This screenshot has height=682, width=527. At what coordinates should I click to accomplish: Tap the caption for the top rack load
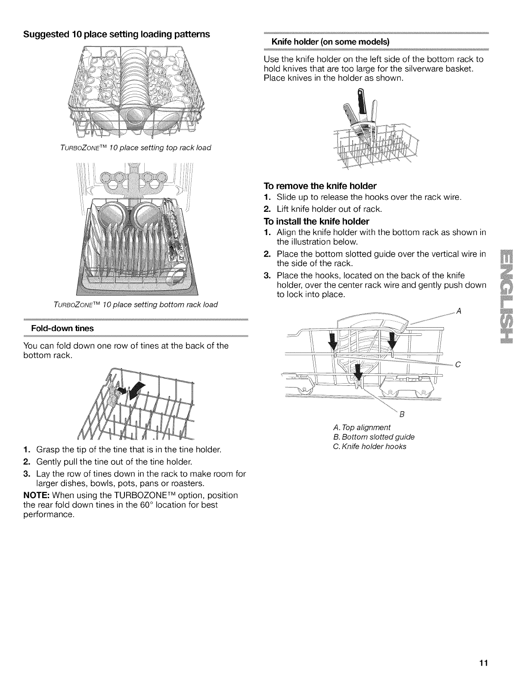(x=137, y=148)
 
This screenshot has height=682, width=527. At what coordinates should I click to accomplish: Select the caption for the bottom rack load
(x=136, y=304)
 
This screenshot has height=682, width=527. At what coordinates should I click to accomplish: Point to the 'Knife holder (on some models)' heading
(x=330, y=42)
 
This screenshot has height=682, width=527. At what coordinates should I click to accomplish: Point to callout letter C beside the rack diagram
(x=458, y=365)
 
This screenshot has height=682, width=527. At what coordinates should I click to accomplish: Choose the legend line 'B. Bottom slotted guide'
(x=374, y=437)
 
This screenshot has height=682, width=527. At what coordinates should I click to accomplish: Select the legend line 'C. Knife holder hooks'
(x=369, y=446)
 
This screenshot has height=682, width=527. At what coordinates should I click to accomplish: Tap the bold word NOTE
(x=36, y=495)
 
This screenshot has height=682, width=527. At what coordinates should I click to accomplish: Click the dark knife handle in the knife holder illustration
(x=360, y=97)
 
